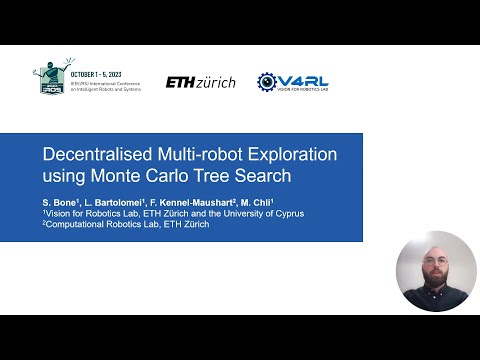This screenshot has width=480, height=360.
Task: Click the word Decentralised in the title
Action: pyautogui.click(x=94, y=155)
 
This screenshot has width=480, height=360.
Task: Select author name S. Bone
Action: pyautogui.click(x=61, y=203)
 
